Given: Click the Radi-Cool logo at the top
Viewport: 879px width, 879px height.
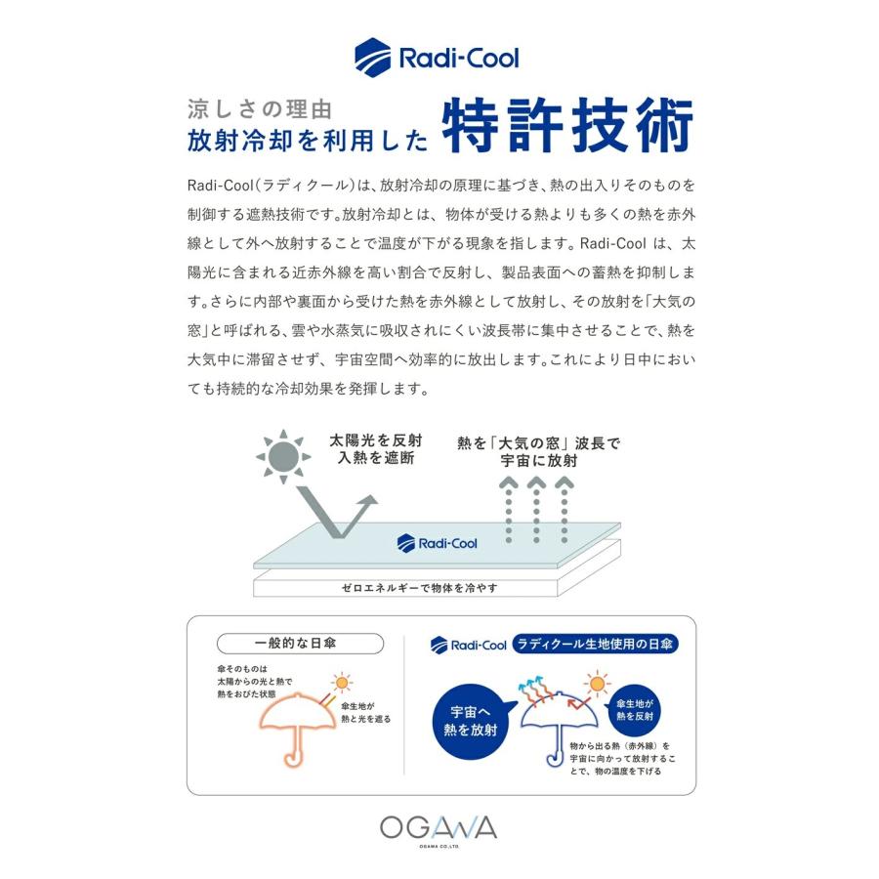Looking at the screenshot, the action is coord(438,58).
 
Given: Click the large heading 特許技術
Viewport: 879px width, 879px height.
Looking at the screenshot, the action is coord(568,126).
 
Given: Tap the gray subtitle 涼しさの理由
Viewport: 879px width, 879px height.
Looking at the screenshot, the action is coord(260,109).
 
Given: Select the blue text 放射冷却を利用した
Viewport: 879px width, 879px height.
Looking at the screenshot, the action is coord(308,140).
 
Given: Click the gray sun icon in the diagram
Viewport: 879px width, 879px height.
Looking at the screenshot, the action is coord(283,456).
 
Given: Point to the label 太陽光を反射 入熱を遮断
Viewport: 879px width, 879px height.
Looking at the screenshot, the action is coord(376,449).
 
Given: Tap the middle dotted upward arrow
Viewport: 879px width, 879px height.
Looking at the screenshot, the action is coord(536,510).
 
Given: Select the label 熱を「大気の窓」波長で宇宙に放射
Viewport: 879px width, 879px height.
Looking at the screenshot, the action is coord(539,452).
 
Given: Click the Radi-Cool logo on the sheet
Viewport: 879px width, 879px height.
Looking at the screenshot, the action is coord(438,543).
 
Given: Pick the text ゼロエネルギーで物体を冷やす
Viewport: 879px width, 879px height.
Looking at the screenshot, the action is coord(419,588).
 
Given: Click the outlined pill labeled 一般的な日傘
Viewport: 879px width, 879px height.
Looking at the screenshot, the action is coord(301,644).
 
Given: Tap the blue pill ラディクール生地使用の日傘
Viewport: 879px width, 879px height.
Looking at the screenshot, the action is coord(596,644).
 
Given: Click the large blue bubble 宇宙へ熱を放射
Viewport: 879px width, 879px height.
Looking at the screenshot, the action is coord(471,721).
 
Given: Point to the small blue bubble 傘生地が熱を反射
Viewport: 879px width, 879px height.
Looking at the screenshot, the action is coord(635,710).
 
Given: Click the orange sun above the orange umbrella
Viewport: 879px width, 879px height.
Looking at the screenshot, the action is coord(341,683).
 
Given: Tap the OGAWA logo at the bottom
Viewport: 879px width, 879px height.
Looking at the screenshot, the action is coord(439,828).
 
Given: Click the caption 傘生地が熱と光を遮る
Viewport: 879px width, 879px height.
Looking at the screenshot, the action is coord(366,713).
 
